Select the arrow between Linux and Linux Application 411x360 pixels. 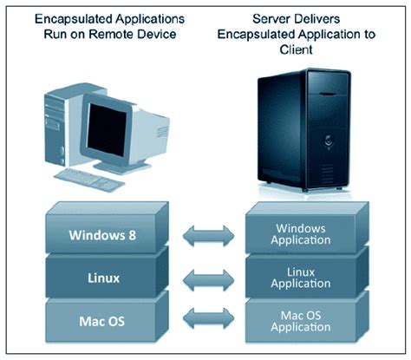point(206,278)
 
